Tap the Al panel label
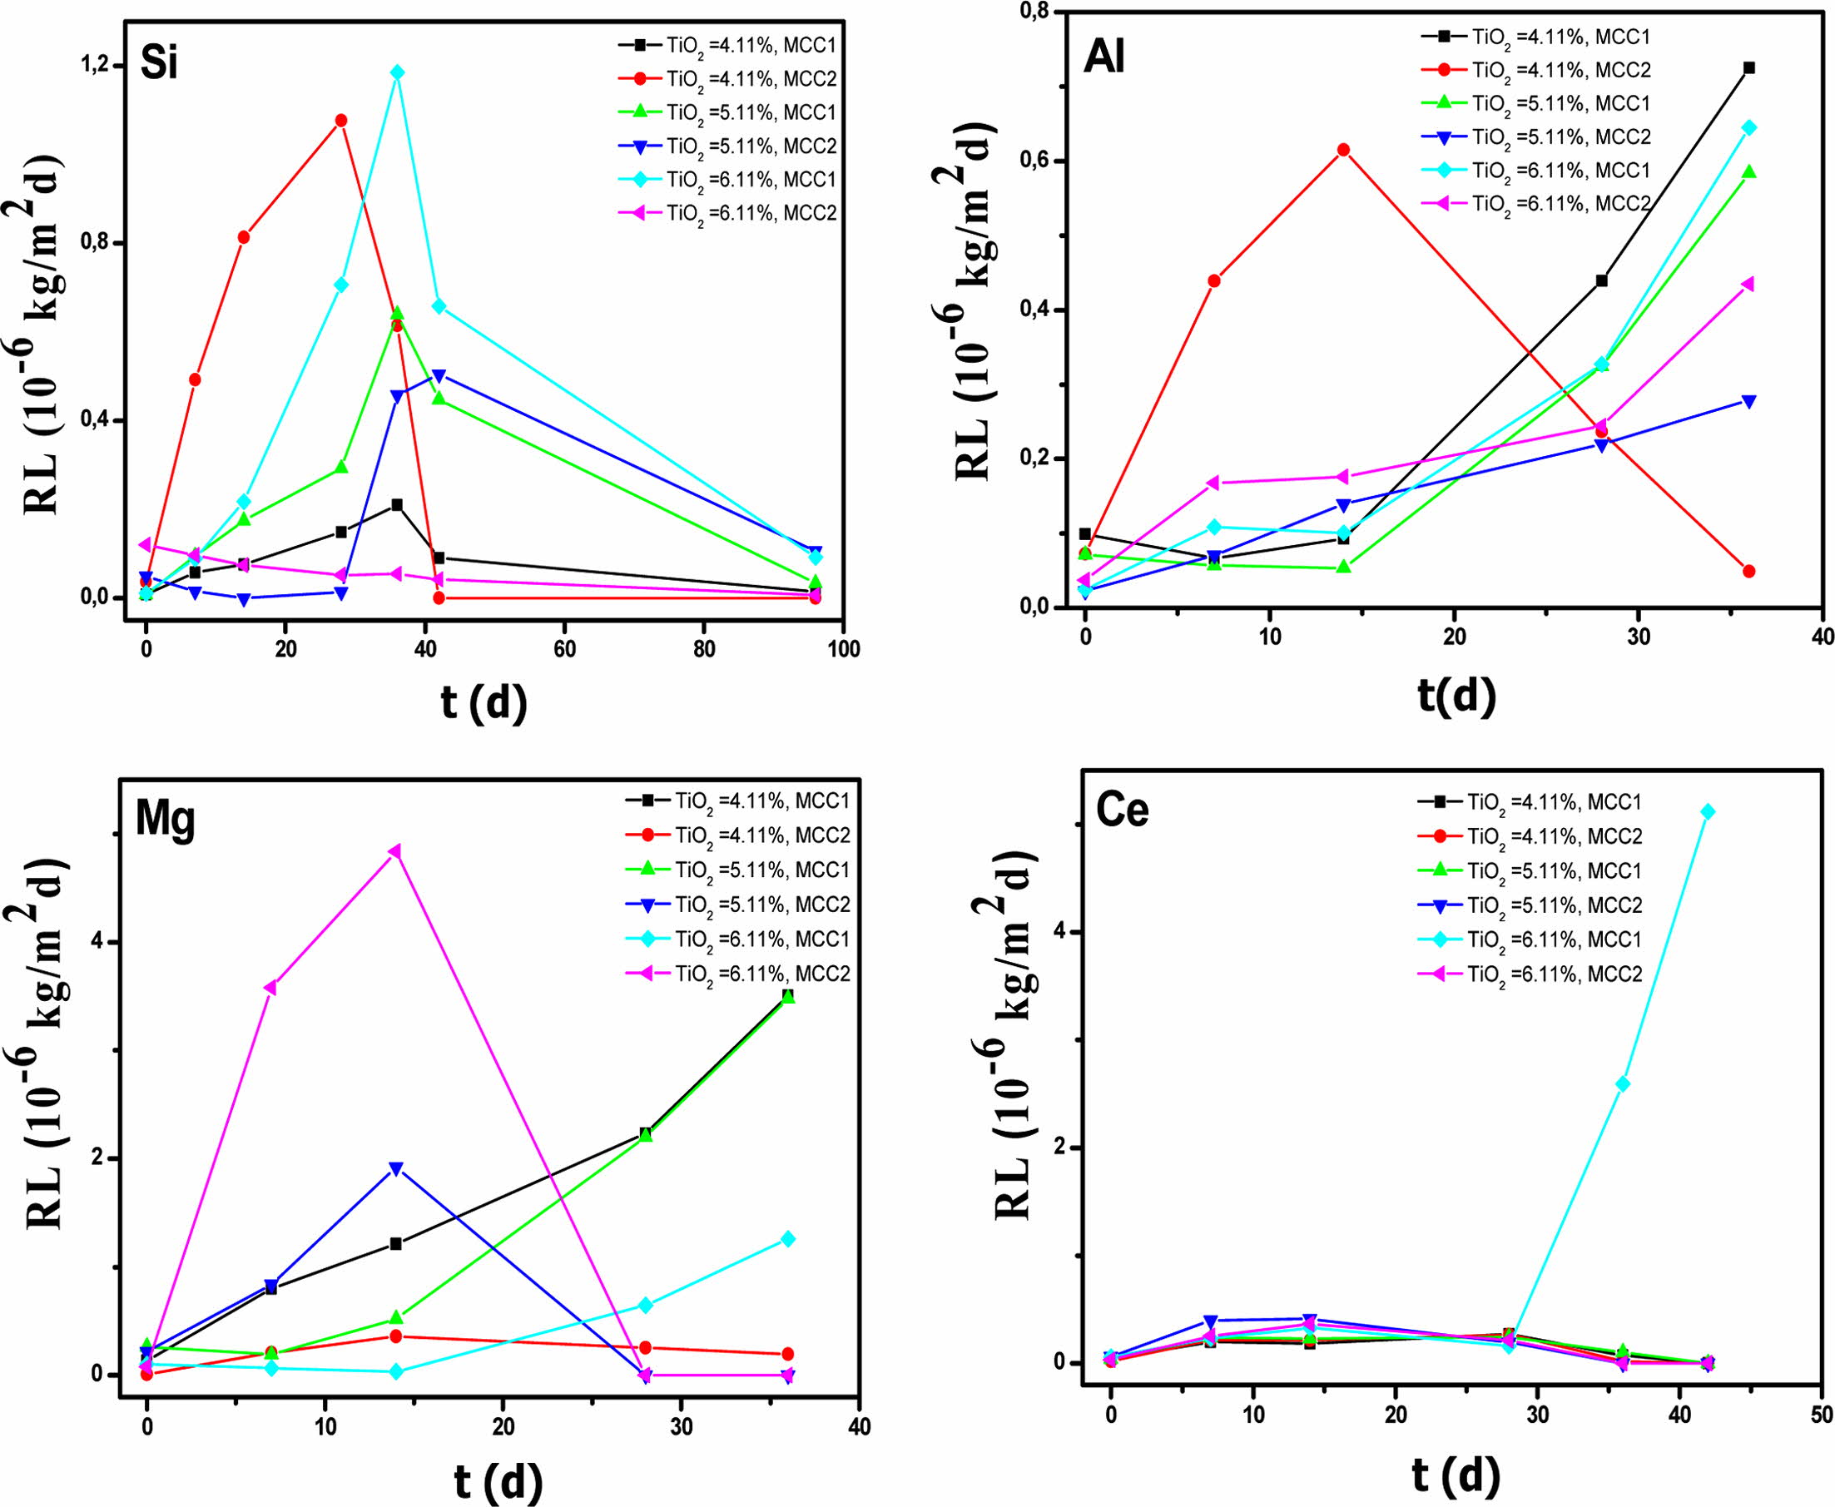[1104, 61]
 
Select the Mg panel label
[165, 820]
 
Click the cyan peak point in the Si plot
[397, 72]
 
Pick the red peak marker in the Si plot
[341, 120]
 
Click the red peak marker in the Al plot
[1344, 149]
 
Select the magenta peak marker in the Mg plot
[395, 850]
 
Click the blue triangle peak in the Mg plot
[396, 1168]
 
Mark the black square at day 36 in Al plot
[1749, 67]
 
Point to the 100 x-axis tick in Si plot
[843, 649]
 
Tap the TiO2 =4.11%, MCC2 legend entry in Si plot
[729, 79]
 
